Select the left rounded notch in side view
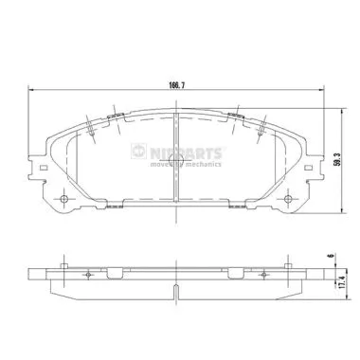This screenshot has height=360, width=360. [x=115, y=275]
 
